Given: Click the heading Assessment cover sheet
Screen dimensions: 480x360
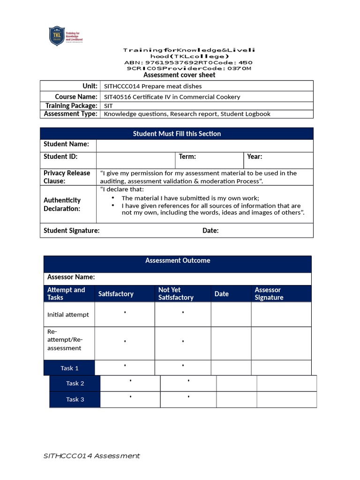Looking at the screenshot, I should (179, 75).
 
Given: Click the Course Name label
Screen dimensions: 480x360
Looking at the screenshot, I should (76, 97).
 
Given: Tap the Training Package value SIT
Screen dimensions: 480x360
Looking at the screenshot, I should (108, 106).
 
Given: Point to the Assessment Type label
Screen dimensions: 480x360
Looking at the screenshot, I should (71, 114).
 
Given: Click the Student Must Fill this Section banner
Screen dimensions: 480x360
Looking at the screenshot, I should (177, 134).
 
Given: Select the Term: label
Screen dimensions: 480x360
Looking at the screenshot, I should (187, 157).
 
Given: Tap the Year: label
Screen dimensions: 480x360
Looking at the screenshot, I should (255, 157).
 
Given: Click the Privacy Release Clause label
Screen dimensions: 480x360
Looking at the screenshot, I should (67, 177).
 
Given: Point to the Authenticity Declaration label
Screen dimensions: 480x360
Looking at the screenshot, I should (62, 204).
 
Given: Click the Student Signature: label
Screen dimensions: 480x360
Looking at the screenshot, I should (72, 231).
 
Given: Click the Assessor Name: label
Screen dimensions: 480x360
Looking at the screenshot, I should (71, 277).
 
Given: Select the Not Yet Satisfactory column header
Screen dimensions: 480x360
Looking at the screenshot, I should (176, 294).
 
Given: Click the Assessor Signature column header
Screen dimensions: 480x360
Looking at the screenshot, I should (269, 294).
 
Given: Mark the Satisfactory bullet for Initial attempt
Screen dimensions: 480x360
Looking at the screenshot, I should (125, 313).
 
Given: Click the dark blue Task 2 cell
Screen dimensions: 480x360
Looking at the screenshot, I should (75, 383).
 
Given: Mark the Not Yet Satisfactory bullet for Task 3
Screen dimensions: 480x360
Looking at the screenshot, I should (188, 397).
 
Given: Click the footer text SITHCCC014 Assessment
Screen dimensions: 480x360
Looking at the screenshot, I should (91, 456).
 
